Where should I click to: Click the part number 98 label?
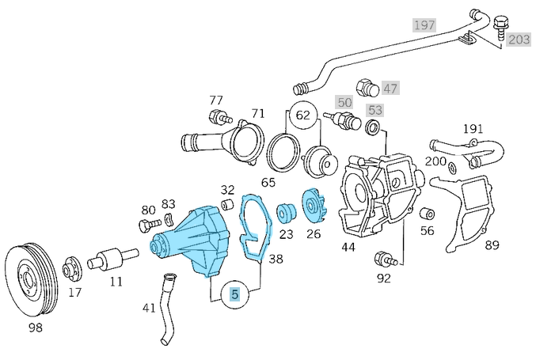click(x=35, y=327)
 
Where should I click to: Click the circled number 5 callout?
click(x=235, y=295)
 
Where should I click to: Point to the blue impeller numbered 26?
click(x=313, y=208)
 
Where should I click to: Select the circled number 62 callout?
click(x=303, y=116)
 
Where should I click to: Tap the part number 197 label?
click(x=424, y=25)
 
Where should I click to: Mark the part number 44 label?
click(x=348, y=247)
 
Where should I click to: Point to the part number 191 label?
click(x=472, y=128)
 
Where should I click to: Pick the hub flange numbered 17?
click(x=74, y=268)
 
